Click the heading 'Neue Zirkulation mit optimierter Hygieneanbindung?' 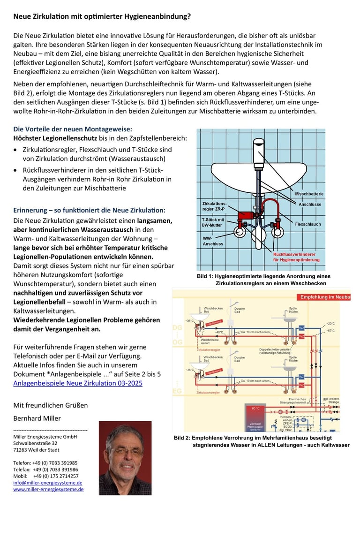(x=102, y=16)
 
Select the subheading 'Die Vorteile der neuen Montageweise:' (x=73, y=129)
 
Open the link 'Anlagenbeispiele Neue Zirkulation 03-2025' (x=78, y=383)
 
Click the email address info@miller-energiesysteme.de (x=48, y=482)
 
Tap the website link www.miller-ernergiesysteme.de (x=48, y=489)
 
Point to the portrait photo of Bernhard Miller (x=125, y=457)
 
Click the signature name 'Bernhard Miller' (x=37, y=418)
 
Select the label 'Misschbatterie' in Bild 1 (x=309, y=194)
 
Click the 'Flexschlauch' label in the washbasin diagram (x=308, y=224)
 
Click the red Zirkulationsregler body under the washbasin (x=246, y=217)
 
